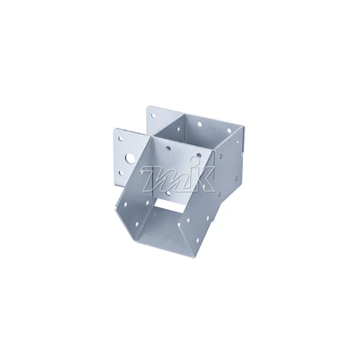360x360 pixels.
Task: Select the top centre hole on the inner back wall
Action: tap(199, 124)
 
